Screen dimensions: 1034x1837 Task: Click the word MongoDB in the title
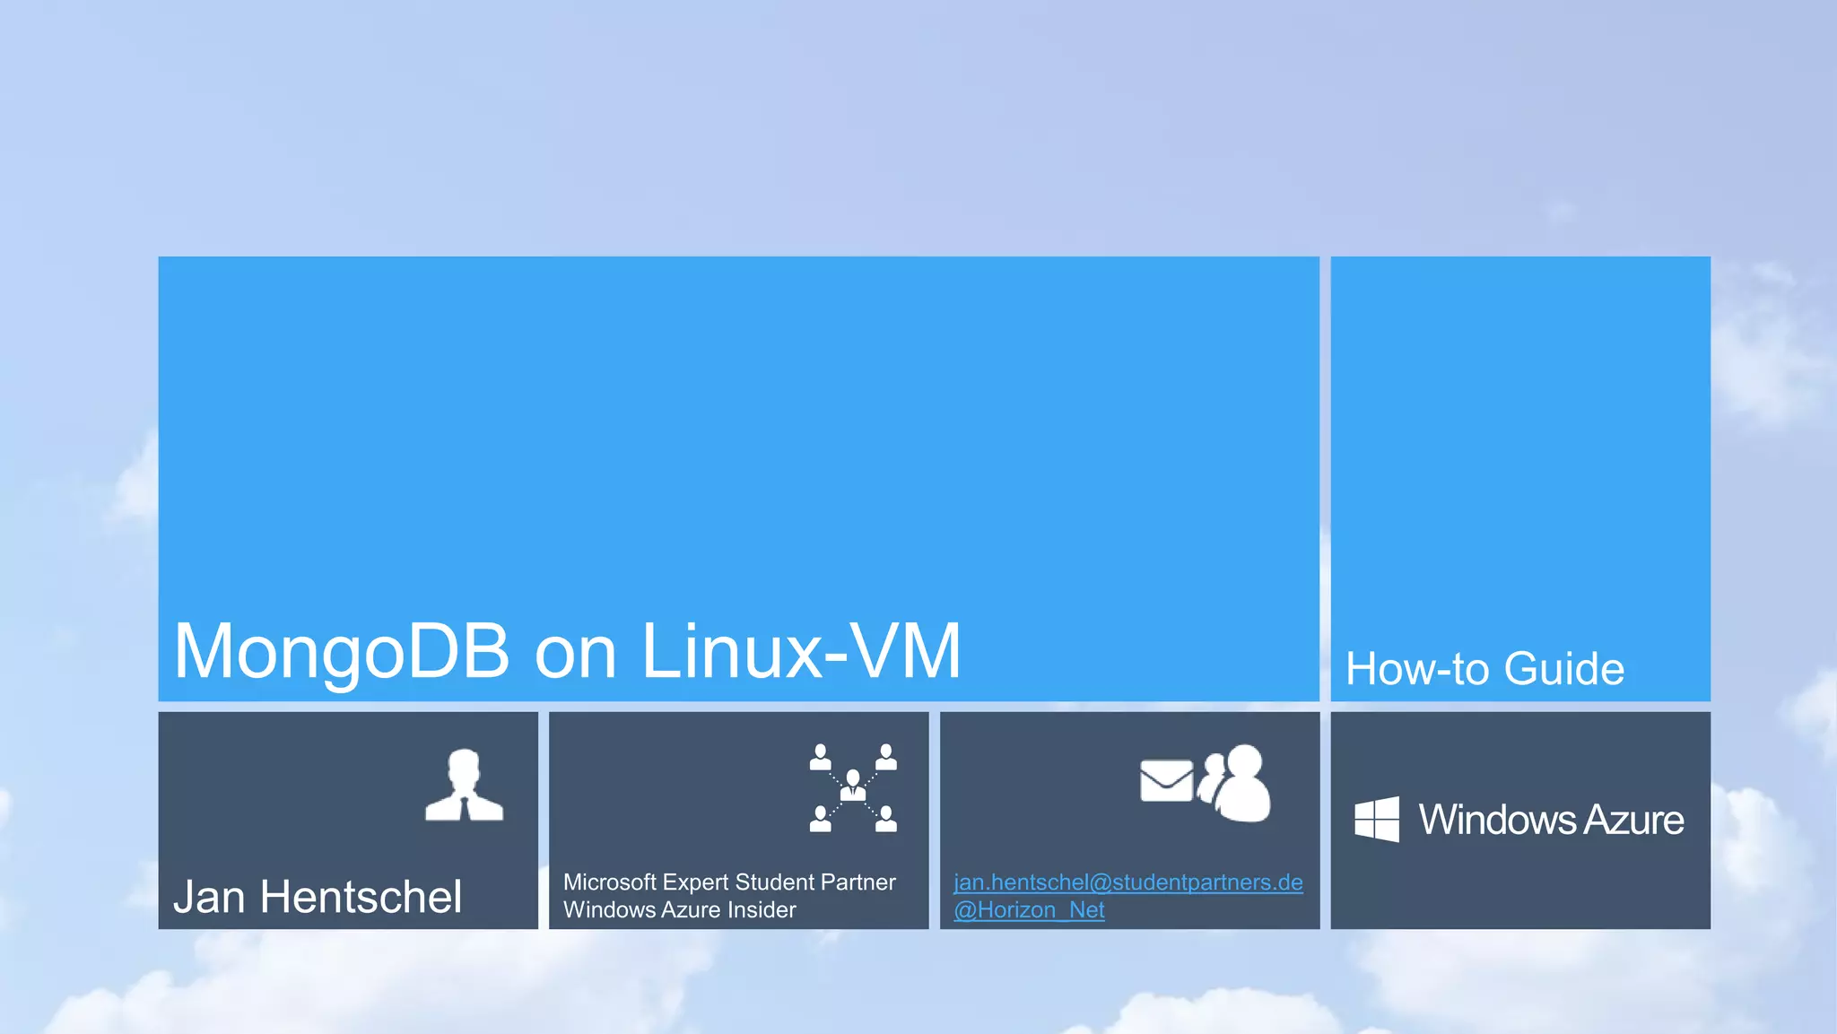coord(341,653)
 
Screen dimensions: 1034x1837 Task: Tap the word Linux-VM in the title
coord(801,651)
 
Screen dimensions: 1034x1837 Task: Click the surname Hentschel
coord(361,897)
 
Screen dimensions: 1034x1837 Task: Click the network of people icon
coord(853,788)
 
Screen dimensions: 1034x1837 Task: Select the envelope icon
coord(1166,780)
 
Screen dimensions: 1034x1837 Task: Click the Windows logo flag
coord(1377,819)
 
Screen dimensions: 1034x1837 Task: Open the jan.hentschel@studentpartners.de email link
coord(1127,882)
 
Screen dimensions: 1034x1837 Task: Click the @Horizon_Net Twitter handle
coord(1029,910)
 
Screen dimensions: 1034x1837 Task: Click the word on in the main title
coord(575,653)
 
